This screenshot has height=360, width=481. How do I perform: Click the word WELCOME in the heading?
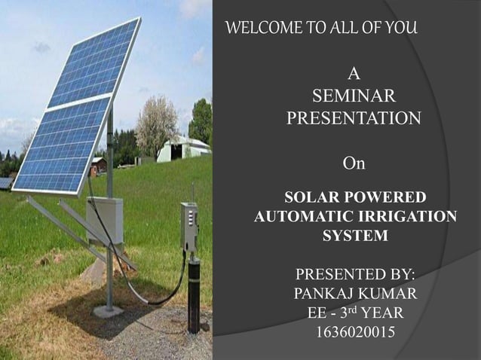click(259, 29)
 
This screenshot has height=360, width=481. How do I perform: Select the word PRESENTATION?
click(354, 119)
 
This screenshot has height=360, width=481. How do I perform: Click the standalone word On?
click(354, 163)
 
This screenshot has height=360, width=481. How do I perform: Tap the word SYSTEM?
click(355, 236)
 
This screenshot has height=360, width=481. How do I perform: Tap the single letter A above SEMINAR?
click(354, 74)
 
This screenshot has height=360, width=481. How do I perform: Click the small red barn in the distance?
click(97, 165)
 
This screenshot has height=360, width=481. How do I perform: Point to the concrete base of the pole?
click(108, 311)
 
